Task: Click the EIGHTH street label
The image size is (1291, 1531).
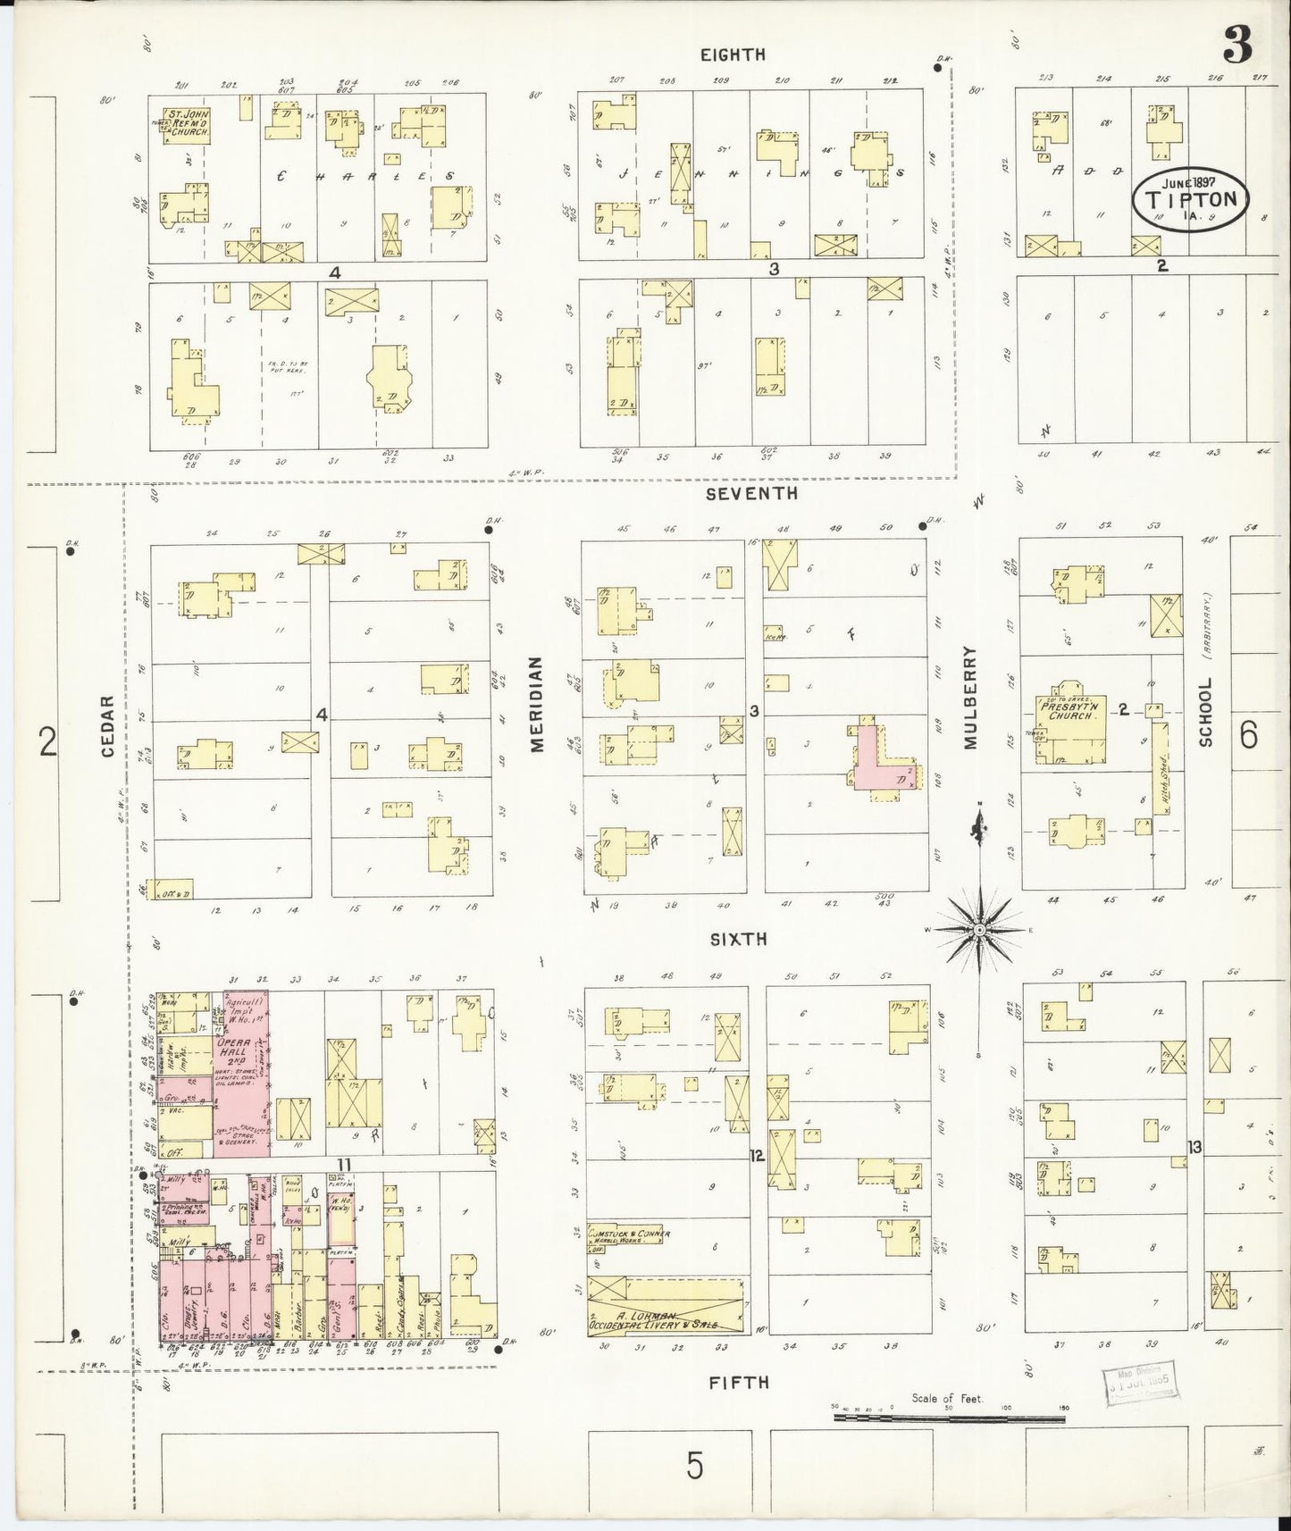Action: [x=733, y=54]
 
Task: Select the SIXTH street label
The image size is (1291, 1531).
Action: [x=738, y=939]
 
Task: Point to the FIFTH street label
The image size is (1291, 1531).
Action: [x=738, y=1382]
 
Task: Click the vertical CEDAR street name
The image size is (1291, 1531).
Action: [x=108, y=726]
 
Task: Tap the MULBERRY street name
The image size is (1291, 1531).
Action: [x=971, y=698]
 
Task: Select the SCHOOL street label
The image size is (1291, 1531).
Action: [x=1205, y=711]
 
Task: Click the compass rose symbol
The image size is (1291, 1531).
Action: [x=979, y=930]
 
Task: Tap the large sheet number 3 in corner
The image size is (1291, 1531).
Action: [x=1237, y=45]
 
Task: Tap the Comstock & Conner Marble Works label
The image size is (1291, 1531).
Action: [x=630, y=1237]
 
